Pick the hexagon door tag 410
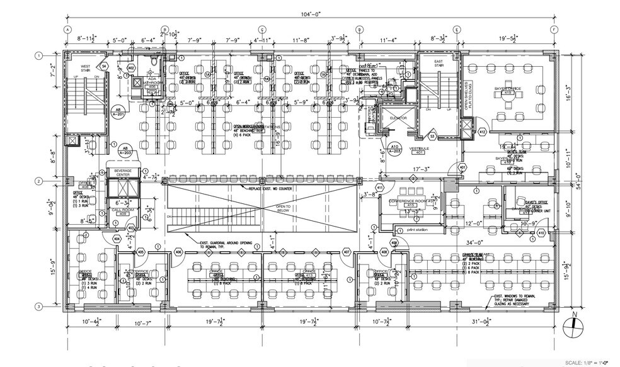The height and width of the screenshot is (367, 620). [541, 234]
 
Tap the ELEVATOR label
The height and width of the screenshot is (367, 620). [398, 118]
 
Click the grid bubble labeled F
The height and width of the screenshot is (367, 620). [553, 30]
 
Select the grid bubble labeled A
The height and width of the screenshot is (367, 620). [66, 30]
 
